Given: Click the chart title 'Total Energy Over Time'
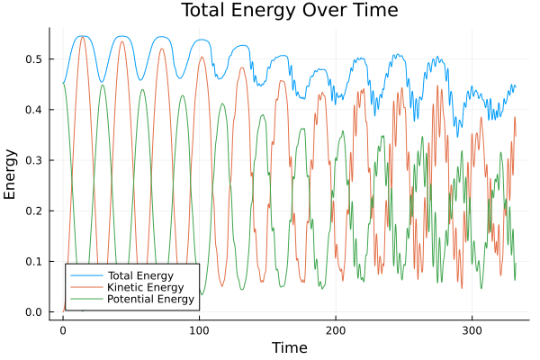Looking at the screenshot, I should click(x=287, y=11).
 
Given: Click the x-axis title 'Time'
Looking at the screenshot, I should click(x=289, y=347).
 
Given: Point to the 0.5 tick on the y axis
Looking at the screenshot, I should click(x=34, y=58).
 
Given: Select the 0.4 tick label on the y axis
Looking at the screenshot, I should click(x=34, y=110).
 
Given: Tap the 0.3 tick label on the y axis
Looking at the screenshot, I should click(x=34, y=160).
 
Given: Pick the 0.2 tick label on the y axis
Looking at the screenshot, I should click(x=34, y=211).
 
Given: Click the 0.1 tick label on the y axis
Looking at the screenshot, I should click(x=34, y=262).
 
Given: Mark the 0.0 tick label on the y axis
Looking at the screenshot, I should click(x=34, y=312).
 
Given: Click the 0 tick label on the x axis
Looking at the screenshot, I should click(x=63, y=330).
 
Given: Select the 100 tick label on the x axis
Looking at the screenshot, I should click(x=199, y=330).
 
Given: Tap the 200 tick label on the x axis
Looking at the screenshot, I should click(x=336, y=330).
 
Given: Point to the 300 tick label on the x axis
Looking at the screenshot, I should click(x=472, y=330).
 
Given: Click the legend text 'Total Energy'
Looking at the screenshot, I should click(x=139, y=274).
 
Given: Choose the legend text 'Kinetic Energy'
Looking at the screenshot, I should click(x=144, y=286).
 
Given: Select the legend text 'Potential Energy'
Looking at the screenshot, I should click(x=150, y=299).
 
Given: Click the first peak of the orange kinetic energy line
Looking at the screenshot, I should click(x=82, y=36).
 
